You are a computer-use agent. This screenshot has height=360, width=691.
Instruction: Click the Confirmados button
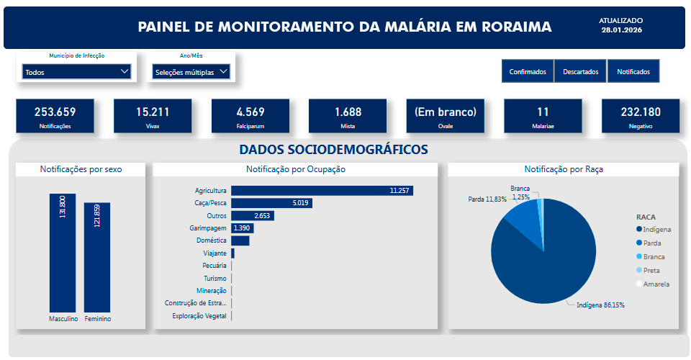[528, 71]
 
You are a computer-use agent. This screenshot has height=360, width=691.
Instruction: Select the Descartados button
[580, 71]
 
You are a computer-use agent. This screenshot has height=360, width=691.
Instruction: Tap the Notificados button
[633, 71]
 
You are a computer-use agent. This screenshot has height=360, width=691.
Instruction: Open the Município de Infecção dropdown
[76, 71]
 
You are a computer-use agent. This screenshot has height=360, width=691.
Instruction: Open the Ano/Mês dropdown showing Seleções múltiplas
[191, 71]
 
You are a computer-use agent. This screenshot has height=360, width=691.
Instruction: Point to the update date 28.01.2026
[621, 30]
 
